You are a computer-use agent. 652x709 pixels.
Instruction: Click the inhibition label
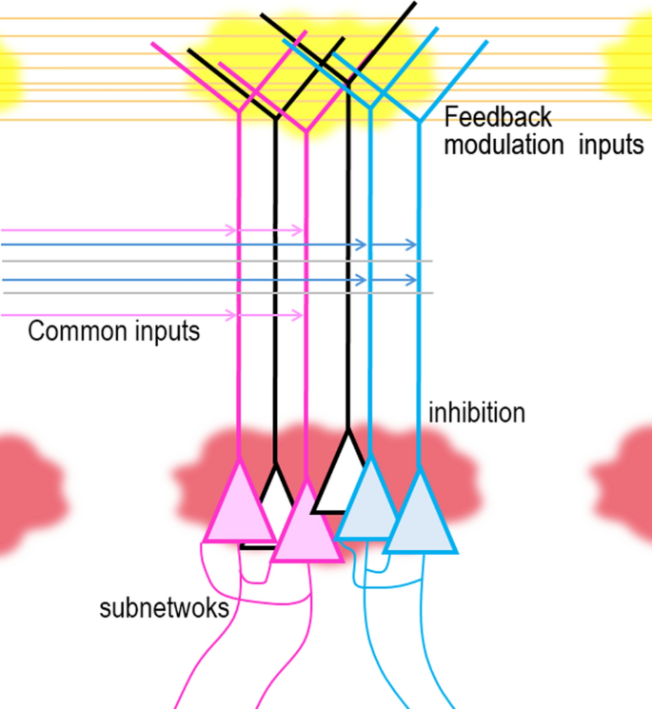pyautogui.click(x=477, y=414)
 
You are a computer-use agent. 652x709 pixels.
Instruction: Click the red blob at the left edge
pyautogui.click(x=24, y=493)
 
